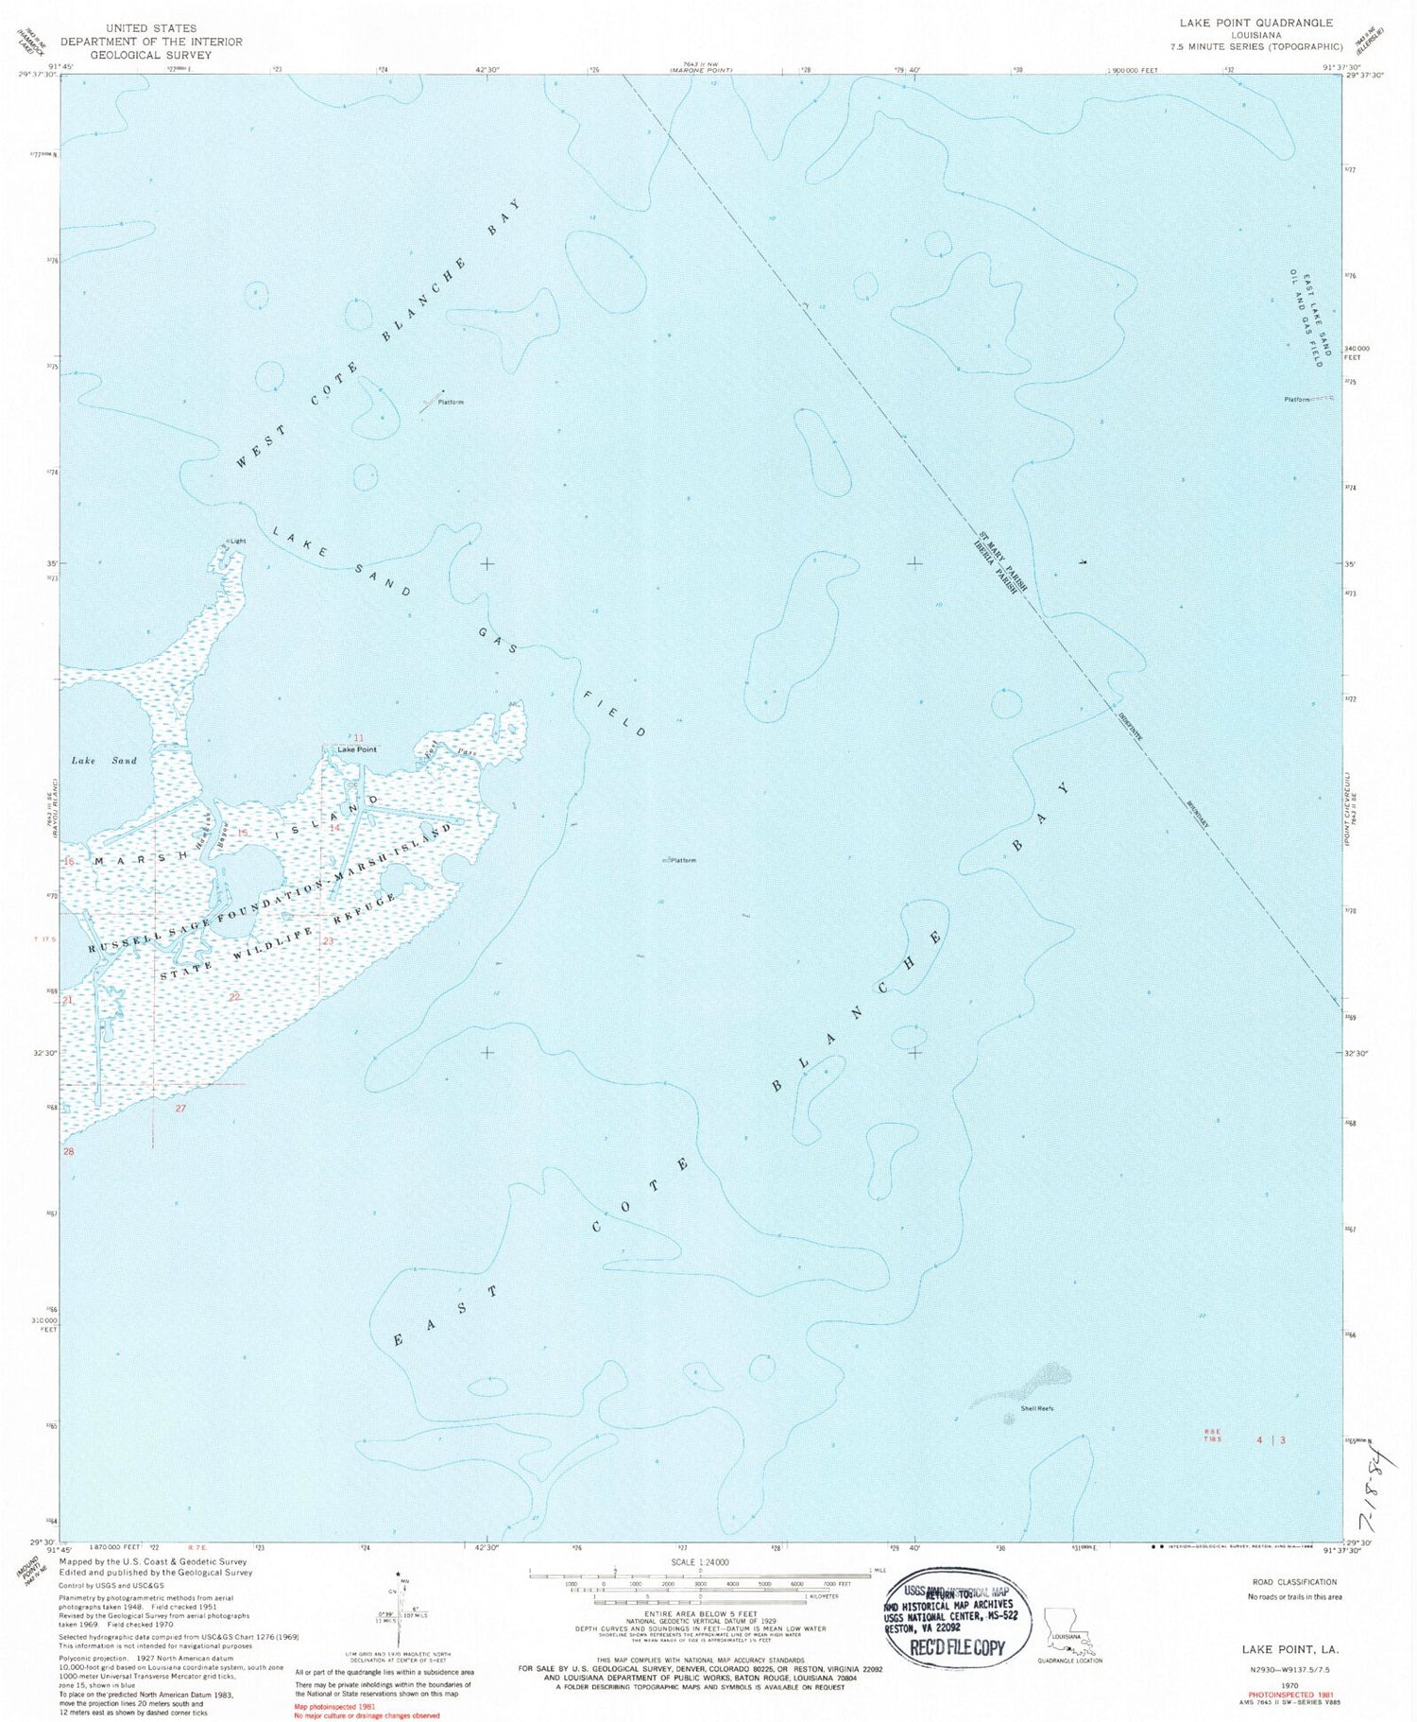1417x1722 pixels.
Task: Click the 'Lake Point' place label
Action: coord(357,749)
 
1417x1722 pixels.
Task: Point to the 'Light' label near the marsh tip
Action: coord(236,542)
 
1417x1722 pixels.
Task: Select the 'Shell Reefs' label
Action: coord(1036,1408)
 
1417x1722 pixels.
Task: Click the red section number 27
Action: coord(180,1108)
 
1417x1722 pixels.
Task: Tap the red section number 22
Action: coord(234,997)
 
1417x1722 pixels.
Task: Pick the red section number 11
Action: coord(358,736)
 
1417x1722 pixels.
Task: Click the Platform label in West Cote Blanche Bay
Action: coord(451,403)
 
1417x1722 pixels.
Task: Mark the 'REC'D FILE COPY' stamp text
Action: coord(955,1647)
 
